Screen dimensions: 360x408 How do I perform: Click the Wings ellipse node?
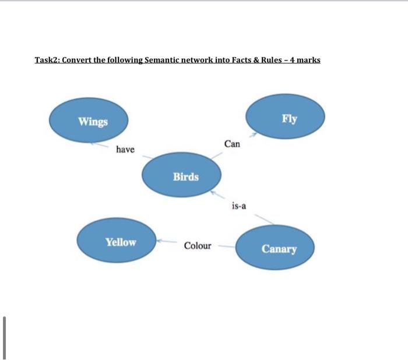pyautogui.click(x=88, y=121)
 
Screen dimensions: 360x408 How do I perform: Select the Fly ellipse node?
pyautogui.click(x=284, y=119)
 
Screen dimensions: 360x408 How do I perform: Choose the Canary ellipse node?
pyautogui.click(x=275, y=249)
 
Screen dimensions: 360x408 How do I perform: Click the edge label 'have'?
pyautogui.click(x=125, y=150)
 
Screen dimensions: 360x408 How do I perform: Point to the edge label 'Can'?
pyautogui.click(x=231, y=143)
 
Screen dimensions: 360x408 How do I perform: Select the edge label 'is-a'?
pyautogui.click(x=239, y=205)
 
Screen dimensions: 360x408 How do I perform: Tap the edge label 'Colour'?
pyautogui.click(x=198, y=246)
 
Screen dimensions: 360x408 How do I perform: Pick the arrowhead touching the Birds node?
pyautogui.click(x=214, y=190)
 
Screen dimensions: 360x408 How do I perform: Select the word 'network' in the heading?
pyautogui.click(x=198, y=61)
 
